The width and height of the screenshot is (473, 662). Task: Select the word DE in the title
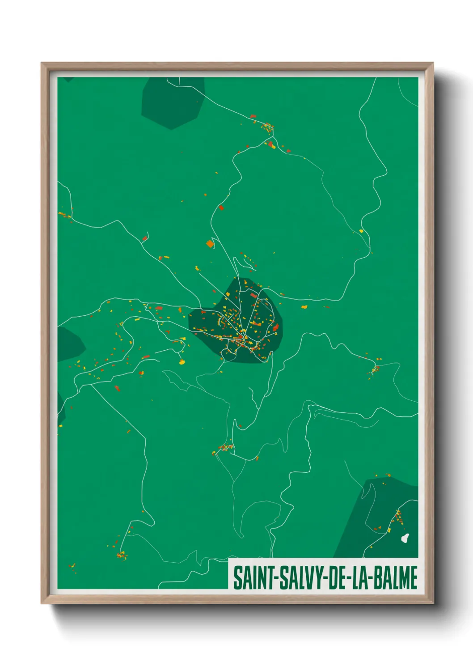pos(338,577)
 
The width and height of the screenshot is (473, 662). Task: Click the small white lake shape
pos(405,537)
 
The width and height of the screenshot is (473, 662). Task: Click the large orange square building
pos(210,244)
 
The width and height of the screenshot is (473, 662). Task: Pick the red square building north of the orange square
pos(221,208)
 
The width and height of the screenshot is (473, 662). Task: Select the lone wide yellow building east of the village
pos(304,307)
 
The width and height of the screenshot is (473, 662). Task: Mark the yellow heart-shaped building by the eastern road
pos(361,231)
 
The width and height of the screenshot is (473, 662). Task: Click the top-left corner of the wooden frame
pos(42,64)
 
